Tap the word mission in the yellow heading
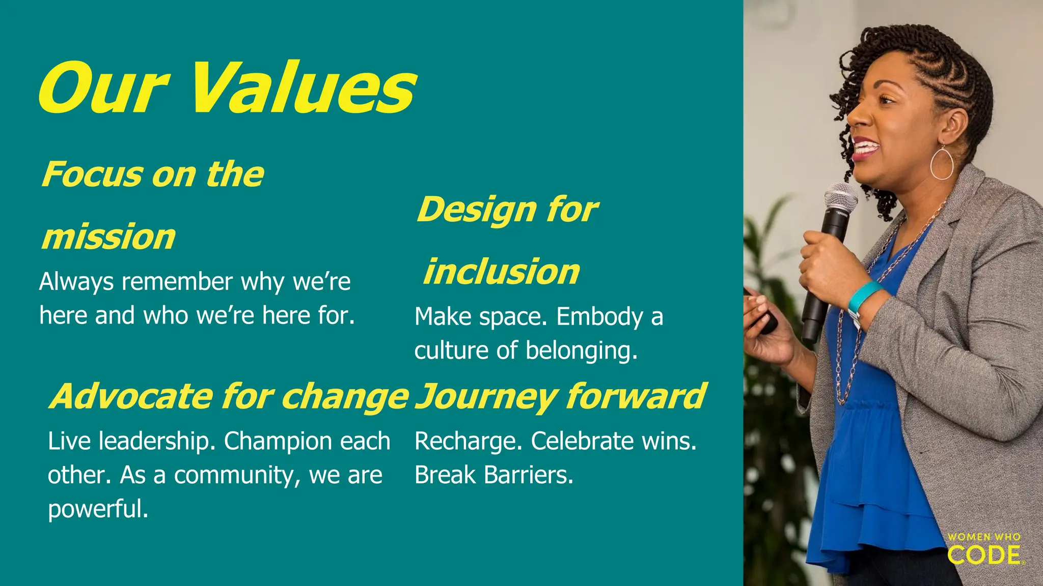[108, 237]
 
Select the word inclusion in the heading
[502, 272]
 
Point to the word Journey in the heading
[486, 397]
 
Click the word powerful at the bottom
[97, 509]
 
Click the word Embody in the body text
[599, 317]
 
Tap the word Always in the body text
[76, 282]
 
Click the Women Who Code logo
[985, 549]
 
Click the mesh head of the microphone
[840, 197]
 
